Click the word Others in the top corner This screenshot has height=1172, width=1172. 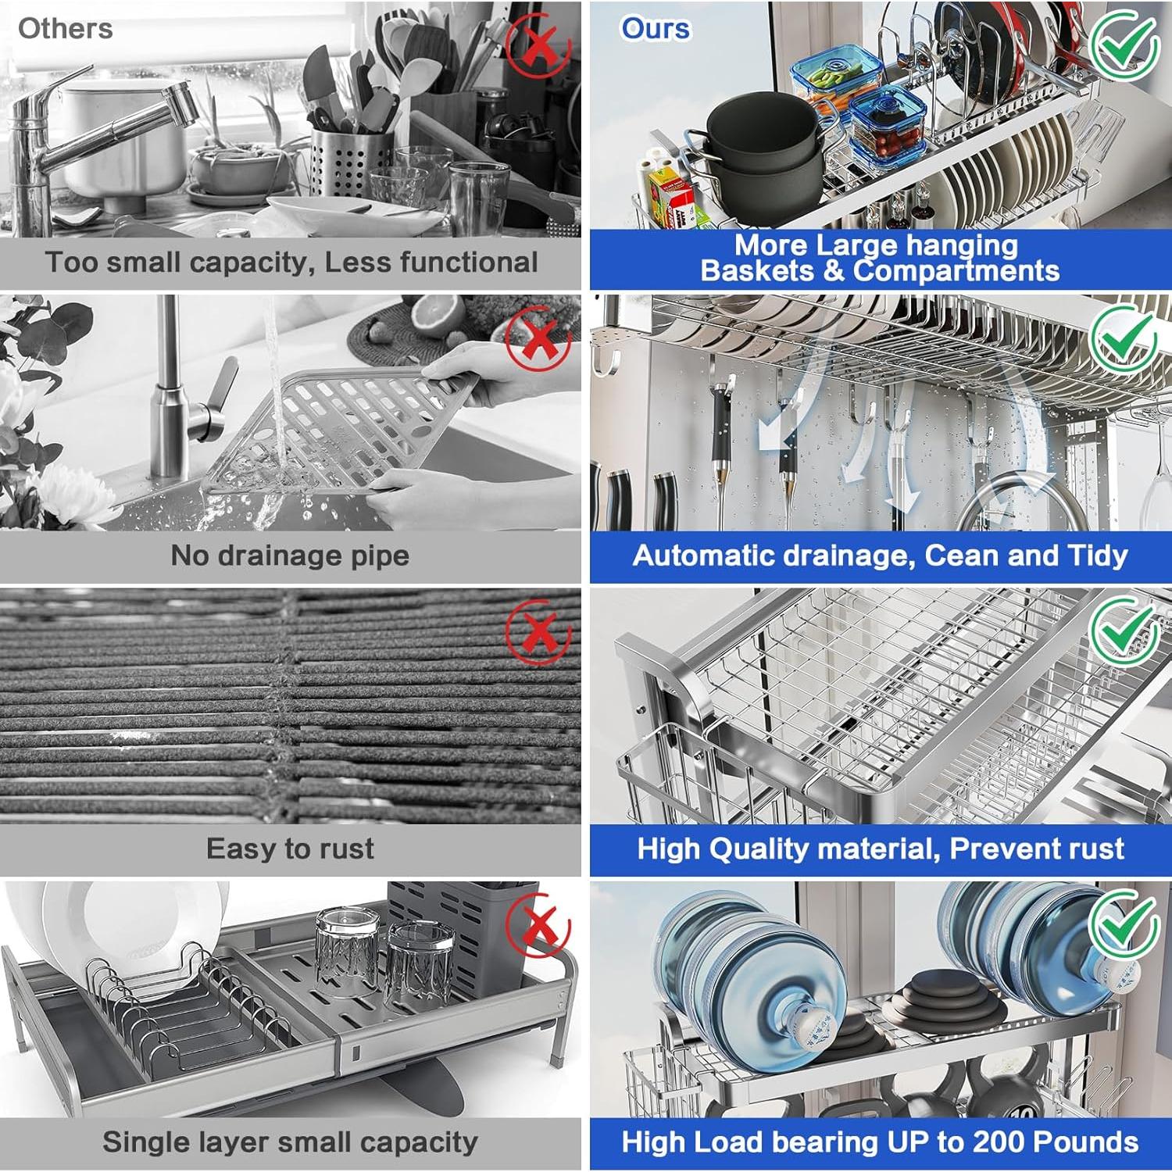click(x=65, y=29)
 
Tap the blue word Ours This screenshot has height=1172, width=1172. click(x=656, y=29)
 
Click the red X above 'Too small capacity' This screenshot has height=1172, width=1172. click(x=538, y=44)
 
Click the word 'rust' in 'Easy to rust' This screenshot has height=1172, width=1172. click(x=345, y=849)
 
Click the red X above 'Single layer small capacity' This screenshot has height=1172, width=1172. click(x=538, y=927)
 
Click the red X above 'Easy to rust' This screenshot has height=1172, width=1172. click(x=538, y=632)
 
